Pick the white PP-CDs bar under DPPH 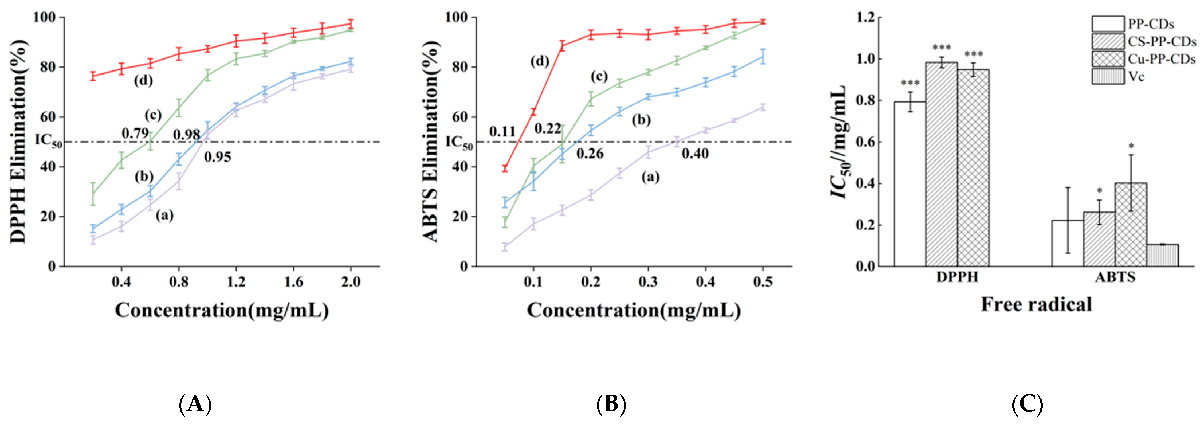pos(910,184)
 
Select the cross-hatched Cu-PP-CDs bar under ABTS pos(1131,224)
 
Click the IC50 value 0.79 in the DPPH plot pos(135,133)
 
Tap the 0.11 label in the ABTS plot pos(502,132)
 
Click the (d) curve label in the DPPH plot pos(144,81)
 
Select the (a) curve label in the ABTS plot pos(650,177)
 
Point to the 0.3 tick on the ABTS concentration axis pos(648,282)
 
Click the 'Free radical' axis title pos(1036,304)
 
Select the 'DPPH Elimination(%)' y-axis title pos(19,141)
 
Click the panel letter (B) pos(611,404)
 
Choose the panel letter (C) pos(1027,404)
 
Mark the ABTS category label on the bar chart pos(1115,277)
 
